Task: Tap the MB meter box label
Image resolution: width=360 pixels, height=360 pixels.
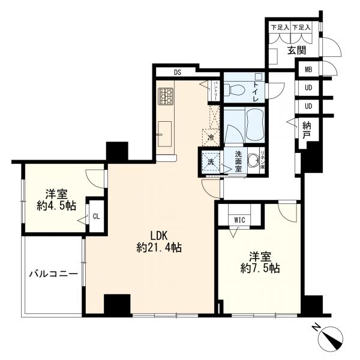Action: [308, 70]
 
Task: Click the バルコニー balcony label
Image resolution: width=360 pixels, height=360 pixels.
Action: [53, 274]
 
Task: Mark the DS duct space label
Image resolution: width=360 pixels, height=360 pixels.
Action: [178, 73]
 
